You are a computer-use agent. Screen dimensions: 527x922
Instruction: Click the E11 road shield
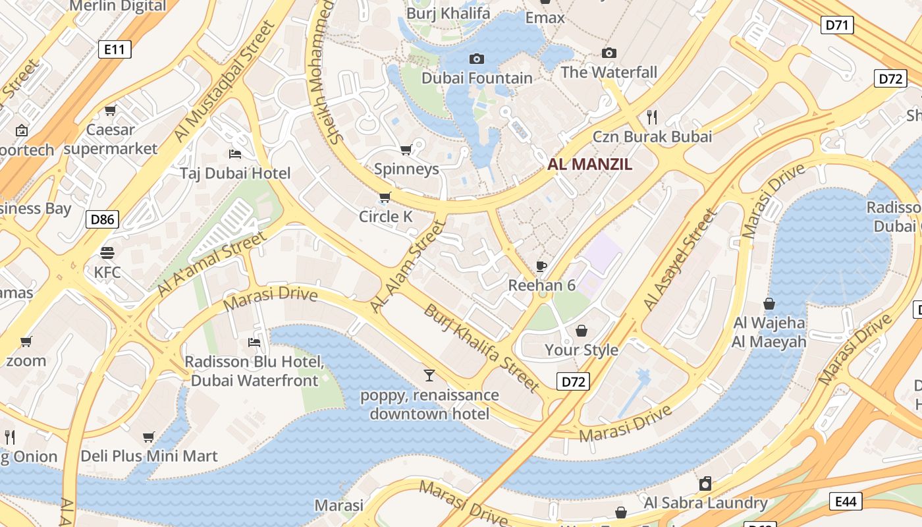(x=115, y=49)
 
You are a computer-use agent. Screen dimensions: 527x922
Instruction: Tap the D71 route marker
(x=837, y=26)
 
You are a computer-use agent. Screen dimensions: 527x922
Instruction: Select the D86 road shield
(x=102, y=219)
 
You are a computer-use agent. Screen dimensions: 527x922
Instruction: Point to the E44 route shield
(x=846, y=501)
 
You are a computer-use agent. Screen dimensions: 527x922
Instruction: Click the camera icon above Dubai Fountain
(x=476, y=59)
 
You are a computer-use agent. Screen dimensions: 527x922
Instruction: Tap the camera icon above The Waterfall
(x=609, y=53)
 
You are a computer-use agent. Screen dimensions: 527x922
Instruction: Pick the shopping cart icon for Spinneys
(x=406, y=150)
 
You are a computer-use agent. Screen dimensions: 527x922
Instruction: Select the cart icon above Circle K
(x=385, y=197)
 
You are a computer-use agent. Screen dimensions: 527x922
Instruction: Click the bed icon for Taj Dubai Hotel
(x=235, y=154)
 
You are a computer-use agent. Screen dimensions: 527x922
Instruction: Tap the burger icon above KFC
(x=107, y=252)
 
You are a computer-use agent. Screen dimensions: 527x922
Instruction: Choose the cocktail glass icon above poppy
(x=429, y=375)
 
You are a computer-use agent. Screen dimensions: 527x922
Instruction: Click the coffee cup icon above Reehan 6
(x=541, y=266)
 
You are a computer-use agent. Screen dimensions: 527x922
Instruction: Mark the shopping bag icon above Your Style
(x=582, y=330)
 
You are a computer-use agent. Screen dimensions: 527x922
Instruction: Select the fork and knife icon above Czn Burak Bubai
(x=652, y=117)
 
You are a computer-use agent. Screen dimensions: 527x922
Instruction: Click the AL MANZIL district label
(x=589, y=165)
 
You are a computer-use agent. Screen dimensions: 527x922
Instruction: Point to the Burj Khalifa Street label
(x=481, y=348)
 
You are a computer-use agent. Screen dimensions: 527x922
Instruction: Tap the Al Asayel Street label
(x=680, y=260)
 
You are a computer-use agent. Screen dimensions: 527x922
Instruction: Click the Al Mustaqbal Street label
(x=224, y=80)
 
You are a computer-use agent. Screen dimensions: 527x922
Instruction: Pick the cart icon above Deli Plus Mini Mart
(x=149, y=437)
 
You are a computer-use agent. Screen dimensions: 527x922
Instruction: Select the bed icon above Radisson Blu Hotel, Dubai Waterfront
(x=254, y=342)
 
